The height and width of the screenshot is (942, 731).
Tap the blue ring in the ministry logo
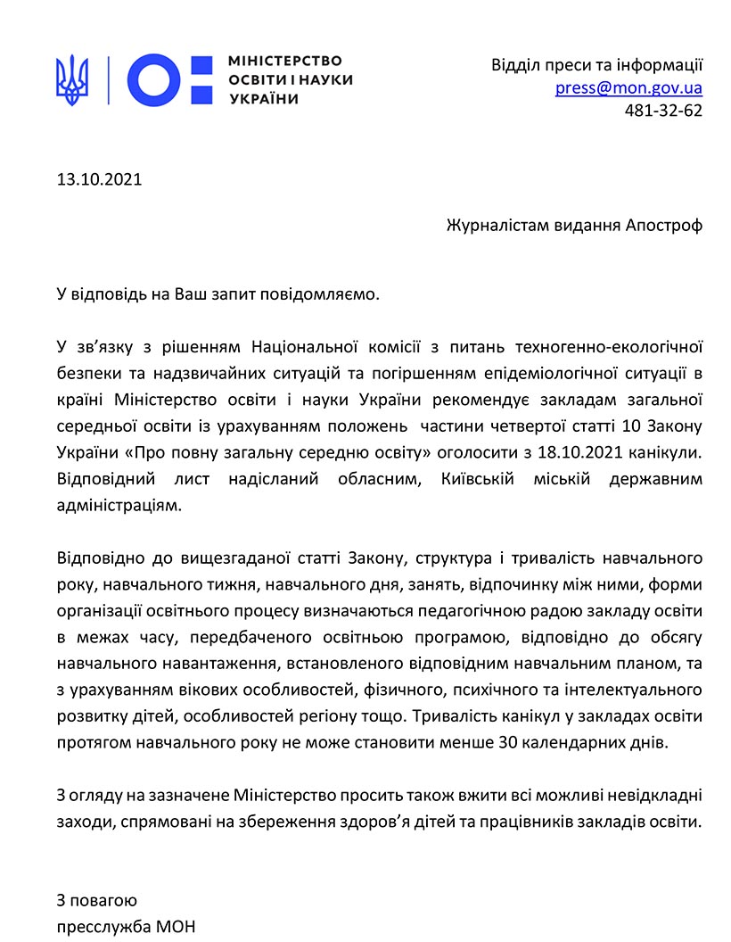pos(157,80)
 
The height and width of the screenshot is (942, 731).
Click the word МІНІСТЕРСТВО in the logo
pos(285,62)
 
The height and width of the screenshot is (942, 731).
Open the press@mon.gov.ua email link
pos(628,88)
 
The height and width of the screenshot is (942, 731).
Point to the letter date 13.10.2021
pos(100,179)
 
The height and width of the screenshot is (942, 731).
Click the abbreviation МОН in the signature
pos(175,927)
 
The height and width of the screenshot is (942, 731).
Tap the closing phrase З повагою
pos(97,900)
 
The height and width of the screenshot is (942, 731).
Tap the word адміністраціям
pos(119,506)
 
